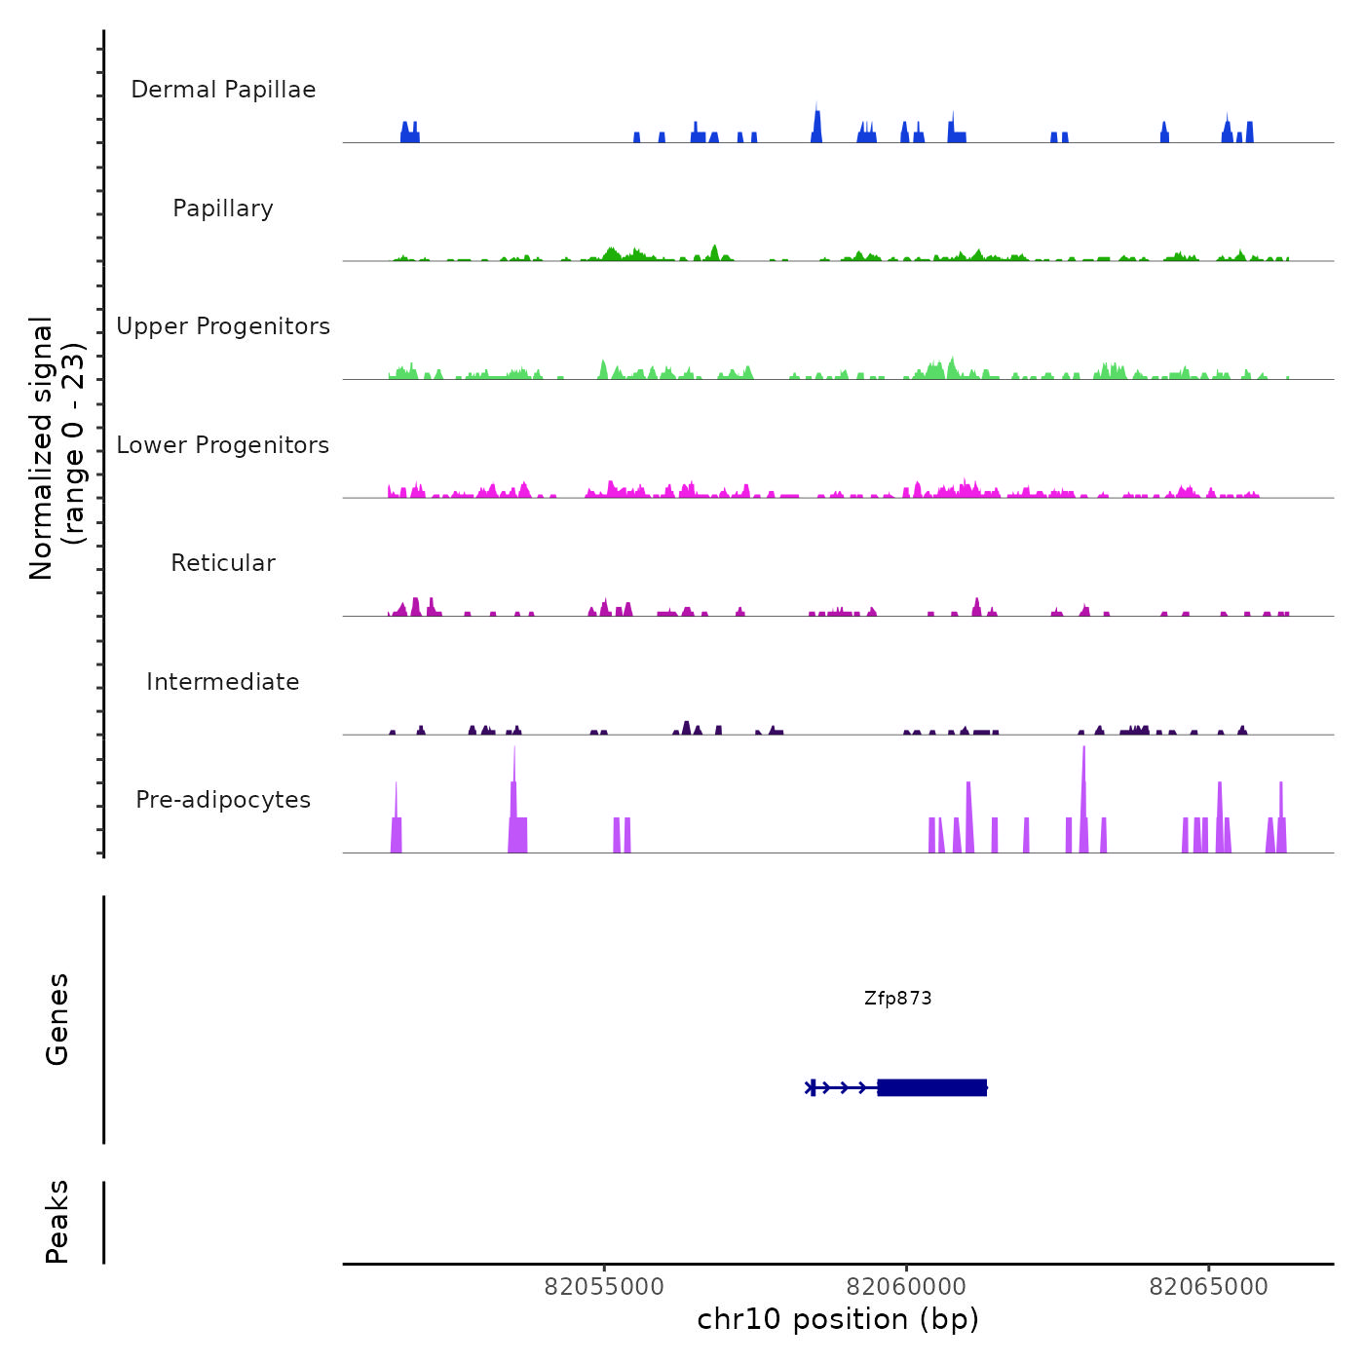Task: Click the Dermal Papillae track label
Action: [223, 90]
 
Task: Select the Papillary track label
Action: [223, 208]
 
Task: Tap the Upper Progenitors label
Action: [223, 326]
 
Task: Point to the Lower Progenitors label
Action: [223, 445]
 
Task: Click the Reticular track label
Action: [223, 563]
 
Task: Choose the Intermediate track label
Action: [223, 682]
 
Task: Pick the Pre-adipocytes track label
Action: [223, 800]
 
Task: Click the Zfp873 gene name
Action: [897, 999]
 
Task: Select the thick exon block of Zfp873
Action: [931, 1087]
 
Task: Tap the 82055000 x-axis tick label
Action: [604, 1287]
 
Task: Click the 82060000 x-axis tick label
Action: [906, 1287]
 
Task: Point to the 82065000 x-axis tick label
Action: [1209, 1287]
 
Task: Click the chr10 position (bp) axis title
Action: [838, 1319]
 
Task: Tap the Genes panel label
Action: [57, 1019]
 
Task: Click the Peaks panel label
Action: [57, 1222]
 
